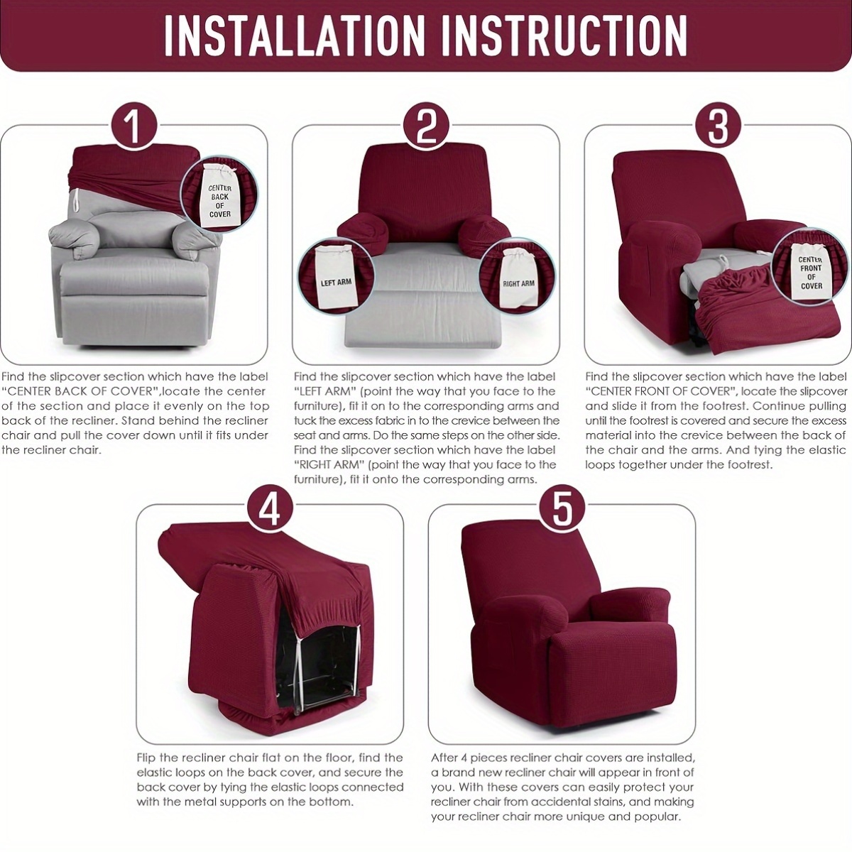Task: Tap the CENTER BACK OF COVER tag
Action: pos(219,204)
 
